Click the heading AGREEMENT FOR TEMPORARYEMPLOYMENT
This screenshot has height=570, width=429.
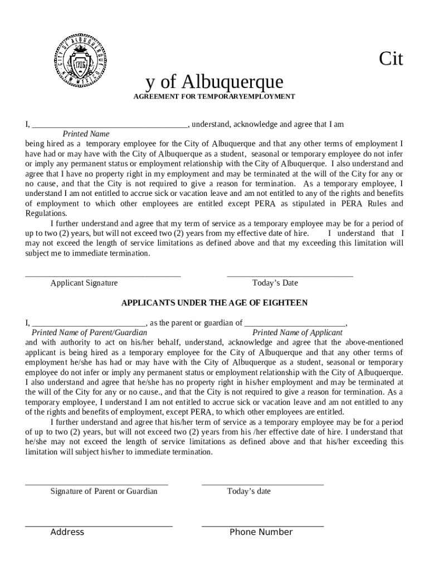click(x=214, y=96)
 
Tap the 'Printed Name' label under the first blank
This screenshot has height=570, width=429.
click(x=86, y=134)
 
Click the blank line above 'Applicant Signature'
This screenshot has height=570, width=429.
click(x=103, y=276)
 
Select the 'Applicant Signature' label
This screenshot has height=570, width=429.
click(x=84, y=283)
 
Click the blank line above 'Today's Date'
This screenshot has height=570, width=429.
click(x=290, y=276)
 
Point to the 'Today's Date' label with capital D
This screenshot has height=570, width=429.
click(x=275, y=283)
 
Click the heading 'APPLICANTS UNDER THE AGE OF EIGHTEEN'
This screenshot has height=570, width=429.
click(x=214, y=303)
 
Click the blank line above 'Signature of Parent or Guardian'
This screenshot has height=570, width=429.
click(x=96, y=484)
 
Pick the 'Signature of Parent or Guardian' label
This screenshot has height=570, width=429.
click(x=104, y=491)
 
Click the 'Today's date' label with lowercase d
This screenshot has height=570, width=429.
click(x=249, y=491)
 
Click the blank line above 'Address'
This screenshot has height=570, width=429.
click(x=99, y=525)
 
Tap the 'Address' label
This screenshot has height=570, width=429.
click(x=67, y=532)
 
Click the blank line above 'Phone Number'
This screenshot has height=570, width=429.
click(x=262, y=525)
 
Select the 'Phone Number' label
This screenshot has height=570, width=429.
click(x=261, y=532)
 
